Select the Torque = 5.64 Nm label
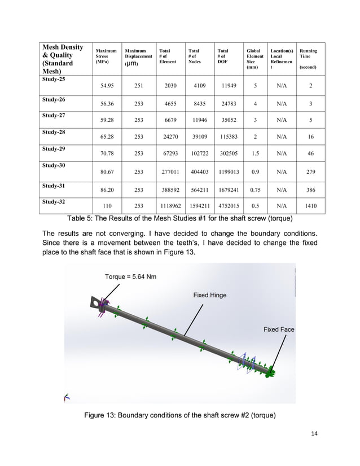[x=131, y=277]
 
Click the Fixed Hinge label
[x=209, y=295]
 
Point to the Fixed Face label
[x=279, y=329]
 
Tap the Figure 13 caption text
[x=179, y=416]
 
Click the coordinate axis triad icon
[x=67, y=398]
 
